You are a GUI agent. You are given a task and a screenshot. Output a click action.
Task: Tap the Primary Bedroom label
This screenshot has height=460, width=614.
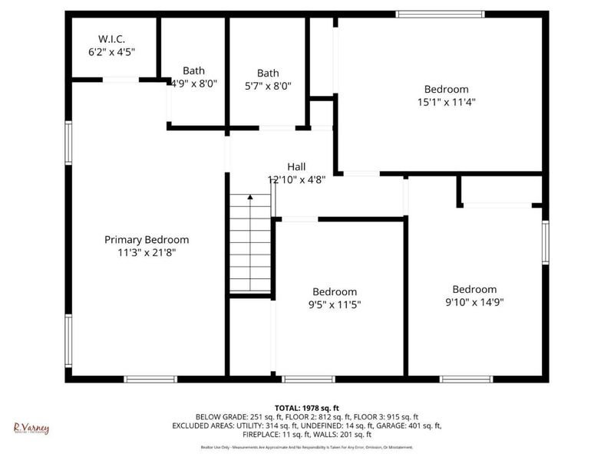coord(147,240)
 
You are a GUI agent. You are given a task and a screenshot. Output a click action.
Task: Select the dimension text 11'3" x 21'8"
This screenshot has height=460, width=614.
coord(147,252)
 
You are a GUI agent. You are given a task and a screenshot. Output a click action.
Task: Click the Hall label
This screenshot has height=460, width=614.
coord(296,167)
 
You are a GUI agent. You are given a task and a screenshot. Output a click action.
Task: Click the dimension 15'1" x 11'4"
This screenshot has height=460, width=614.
coord(446,101)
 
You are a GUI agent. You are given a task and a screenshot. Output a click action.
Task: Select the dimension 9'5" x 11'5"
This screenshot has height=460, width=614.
coord(334,304)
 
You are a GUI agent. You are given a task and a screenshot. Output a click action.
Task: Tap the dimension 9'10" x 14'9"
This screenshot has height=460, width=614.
coord(474,302)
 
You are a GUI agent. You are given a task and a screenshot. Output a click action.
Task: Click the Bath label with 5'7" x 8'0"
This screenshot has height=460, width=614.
coord(269,73)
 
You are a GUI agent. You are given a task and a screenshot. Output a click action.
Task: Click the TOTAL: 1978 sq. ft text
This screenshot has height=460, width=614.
coord(307,407)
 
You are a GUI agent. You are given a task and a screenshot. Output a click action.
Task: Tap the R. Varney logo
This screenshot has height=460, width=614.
coord(31,428)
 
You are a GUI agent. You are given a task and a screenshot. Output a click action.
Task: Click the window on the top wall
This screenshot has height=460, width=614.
coord(440,14)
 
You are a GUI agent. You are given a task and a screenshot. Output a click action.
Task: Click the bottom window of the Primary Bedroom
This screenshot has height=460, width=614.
coord(150,379)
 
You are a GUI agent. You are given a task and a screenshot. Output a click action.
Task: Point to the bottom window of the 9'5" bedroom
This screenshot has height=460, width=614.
coord(309,379)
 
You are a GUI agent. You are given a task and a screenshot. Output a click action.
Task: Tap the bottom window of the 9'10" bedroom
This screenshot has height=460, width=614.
coord(466,379)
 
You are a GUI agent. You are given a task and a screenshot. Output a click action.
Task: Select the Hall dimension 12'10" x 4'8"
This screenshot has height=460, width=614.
coord(296,180)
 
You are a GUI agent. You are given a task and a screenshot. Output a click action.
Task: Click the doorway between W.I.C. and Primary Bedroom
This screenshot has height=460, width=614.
coord(120,79)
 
